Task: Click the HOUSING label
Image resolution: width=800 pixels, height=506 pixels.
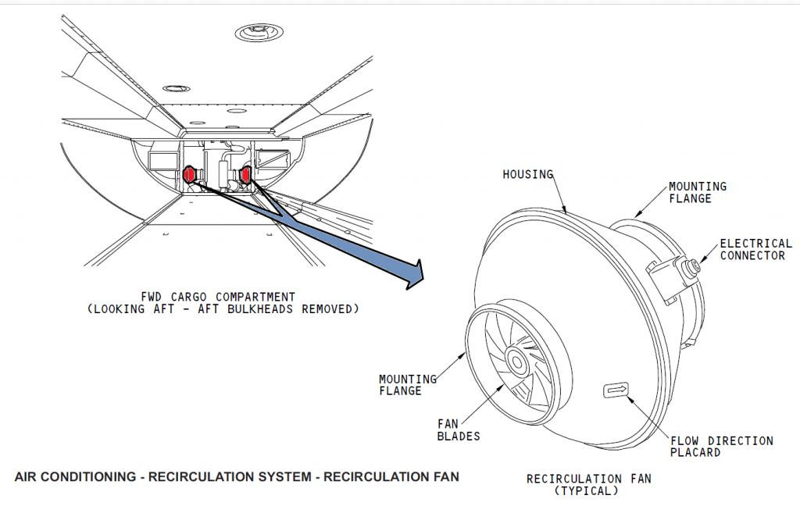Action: tap(527, 174)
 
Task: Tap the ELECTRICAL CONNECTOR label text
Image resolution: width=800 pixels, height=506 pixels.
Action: tap(755, 249)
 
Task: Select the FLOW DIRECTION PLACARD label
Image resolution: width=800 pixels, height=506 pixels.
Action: tap(721, 447)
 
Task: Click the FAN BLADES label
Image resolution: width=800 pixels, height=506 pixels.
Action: tap(459, 429)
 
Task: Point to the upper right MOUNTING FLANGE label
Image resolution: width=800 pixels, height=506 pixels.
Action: tap(697, 192)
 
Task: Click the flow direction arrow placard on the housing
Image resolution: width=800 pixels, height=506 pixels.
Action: tap(616, 389)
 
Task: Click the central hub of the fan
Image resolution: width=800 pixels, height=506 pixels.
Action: tap(516, 361)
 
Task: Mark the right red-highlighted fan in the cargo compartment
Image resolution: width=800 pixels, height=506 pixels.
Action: tap(246, 174)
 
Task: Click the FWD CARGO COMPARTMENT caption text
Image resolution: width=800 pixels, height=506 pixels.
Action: tap(218, 297)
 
